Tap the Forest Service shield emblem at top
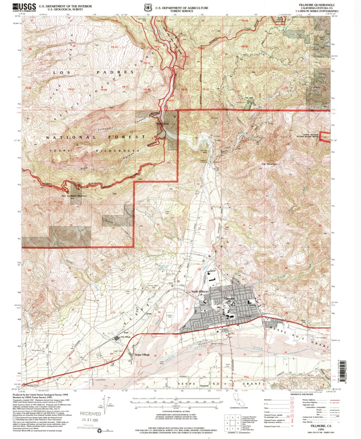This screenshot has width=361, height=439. (x=147, y=7)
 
